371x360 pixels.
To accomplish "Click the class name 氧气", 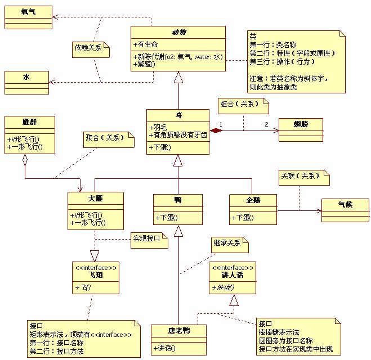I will tap(28, 11).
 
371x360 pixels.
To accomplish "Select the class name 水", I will tap(27, 76).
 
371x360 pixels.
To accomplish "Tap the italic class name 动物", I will tap(178, 31).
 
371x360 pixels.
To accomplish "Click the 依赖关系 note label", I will tap(88, 48).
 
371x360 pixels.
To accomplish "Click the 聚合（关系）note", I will tap(107, 137).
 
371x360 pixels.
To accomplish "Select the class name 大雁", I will tap(95, 199).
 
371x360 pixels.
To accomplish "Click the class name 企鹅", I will tap(253, 200).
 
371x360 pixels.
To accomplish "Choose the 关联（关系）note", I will tap(302, 176).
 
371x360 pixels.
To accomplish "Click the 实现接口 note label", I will tap(147, 238).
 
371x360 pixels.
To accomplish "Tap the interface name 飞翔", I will tap(95, 274).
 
